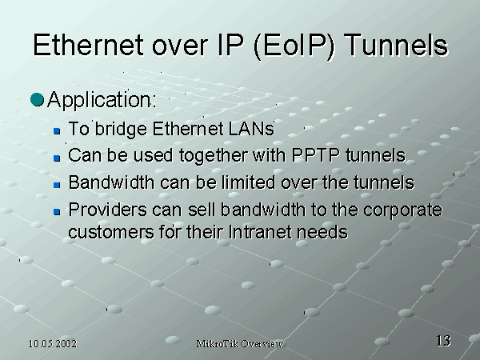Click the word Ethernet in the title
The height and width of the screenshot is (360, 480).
pos(89,45)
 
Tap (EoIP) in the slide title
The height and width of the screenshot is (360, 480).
pos(294,46)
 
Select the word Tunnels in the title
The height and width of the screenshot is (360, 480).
pos(396,45)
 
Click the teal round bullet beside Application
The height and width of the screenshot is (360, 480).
pos(37,99)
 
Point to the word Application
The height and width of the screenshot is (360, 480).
pos(102,100)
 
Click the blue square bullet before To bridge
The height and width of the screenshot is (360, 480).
pos(57,131)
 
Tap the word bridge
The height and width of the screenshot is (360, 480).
pos(121,129)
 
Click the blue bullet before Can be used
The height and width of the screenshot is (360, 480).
pos(57,158)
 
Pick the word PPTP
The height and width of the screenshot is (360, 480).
pos(316,155)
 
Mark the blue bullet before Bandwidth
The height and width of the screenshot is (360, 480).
pos(57,185)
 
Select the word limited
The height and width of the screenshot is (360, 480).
pos(248,182)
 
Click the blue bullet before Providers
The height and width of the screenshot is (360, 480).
pos(57,212)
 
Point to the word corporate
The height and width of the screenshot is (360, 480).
pos(403,211)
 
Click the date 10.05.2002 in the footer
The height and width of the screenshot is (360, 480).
pos(54,344)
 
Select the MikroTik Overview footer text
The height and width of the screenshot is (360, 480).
pos(240,344)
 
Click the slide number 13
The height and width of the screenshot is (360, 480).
pos(443,341)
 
